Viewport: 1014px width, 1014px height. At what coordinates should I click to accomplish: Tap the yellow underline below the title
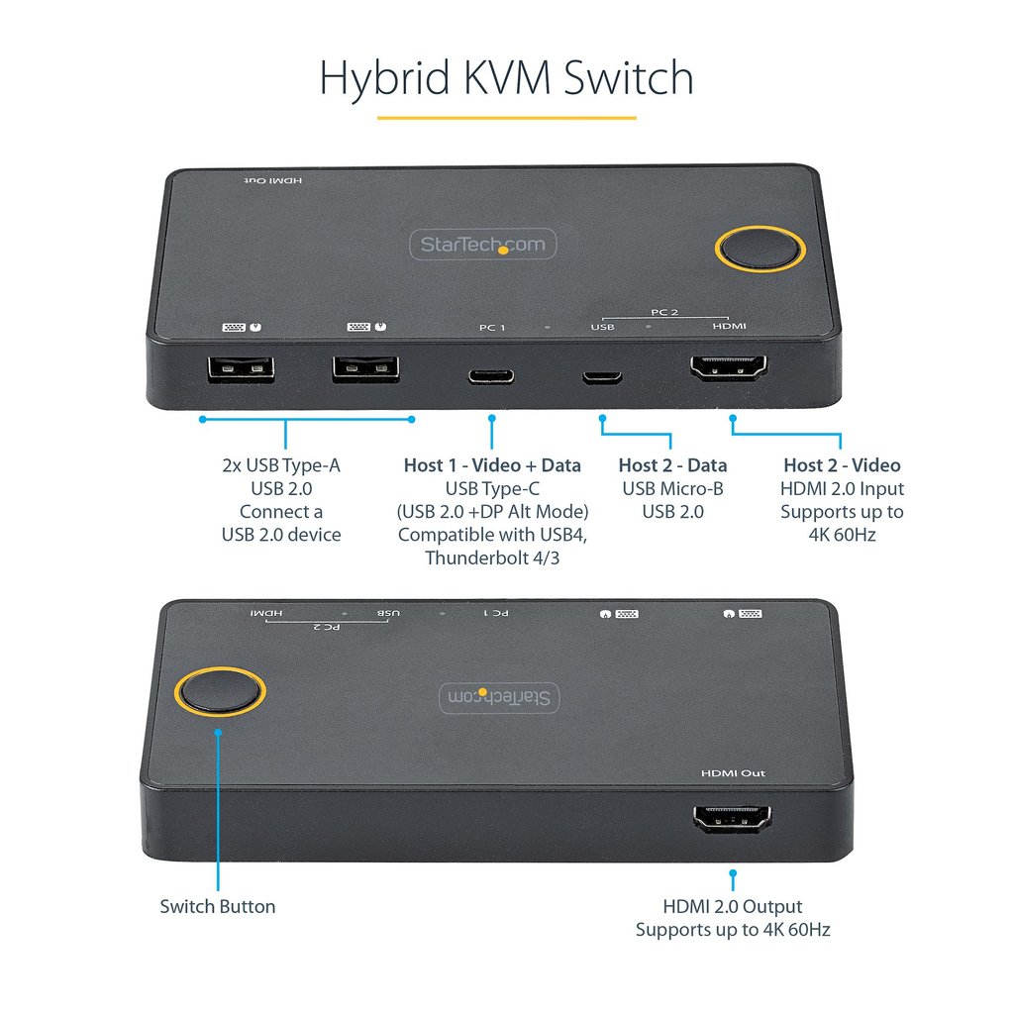(x=506, y=118)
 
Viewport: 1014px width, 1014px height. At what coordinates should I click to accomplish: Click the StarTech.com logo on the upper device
(x=484, y=245)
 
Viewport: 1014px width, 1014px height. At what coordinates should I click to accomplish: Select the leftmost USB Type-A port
(x=240, y=370)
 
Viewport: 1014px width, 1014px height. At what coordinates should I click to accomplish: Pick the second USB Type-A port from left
(x=365, y=370)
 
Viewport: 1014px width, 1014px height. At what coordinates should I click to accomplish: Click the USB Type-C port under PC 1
(x=491, y=376)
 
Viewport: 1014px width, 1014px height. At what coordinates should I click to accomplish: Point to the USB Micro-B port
(x=601, y=377)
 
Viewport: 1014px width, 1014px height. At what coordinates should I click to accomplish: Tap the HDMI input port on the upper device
(x=729, y=368)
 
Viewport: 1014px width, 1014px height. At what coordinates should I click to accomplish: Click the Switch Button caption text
(x=218, y=906)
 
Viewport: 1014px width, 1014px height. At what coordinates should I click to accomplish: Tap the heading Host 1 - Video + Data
(x=492, y=465)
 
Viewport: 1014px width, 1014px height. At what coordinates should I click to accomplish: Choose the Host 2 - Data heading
(x=672, y=465)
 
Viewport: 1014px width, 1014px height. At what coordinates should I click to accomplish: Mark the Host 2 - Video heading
(x=842, y=465)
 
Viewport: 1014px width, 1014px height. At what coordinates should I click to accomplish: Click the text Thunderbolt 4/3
(x=492, y=558)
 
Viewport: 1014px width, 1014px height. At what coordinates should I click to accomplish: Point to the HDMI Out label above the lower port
(x=733, y=773)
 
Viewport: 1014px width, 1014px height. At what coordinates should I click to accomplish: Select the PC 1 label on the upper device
(x=492, y=327)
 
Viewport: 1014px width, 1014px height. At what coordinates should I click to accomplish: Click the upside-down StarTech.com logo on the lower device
(x=501, y=697)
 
